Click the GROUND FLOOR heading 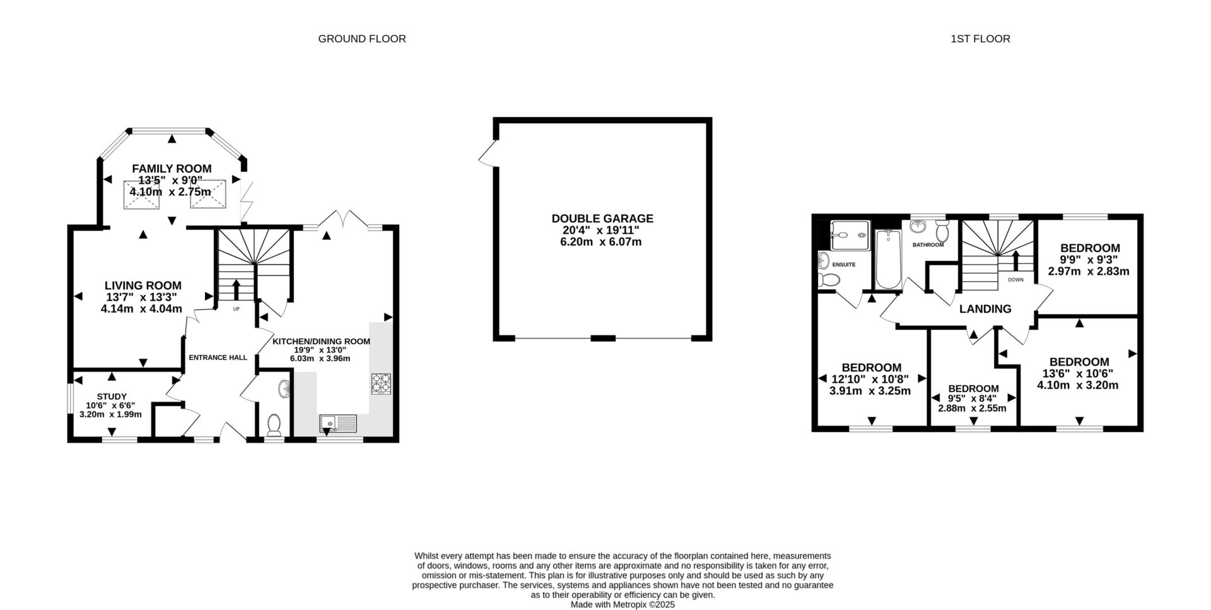pyautogui.click(x=361, y=39)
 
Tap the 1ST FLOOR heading pyautogui.click(x=980, y=39)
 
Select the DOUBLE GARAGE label pyautogui.click(x=602, y=218)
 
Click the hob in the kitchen pyautogui.click(x=382, y=384)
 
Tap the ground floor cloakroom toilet pyautogui.click(x=274, y=425)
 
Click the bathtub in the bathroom pyautogui.click(x=889, y=259)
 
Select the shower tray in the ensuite pyautogui.click(x=850, y=235)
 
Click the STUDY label pyautogui.click(x=111, y=397)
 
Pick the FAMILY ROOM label pyautogui.click(x=172, y=169)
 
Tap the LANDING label pyautogui.click(x=985, y=309)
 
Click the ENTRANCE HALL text pyautogui.click(x=218, y=357)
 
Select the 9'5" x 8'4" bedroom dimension pyautogui.click(x=973, y=398)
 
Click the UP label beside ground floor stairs pyautogui.click(x=237, y=309)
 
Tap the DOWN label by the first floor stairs pyautogui.click(x=1015, y=279)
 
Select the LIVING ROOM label pyautogui.click(x=143, y=286)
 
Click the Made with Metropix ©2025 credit pyautogui.click(x=622, y=604)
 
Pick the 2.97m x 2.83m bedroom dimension pyautogui.click(x=1089, y=272)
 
